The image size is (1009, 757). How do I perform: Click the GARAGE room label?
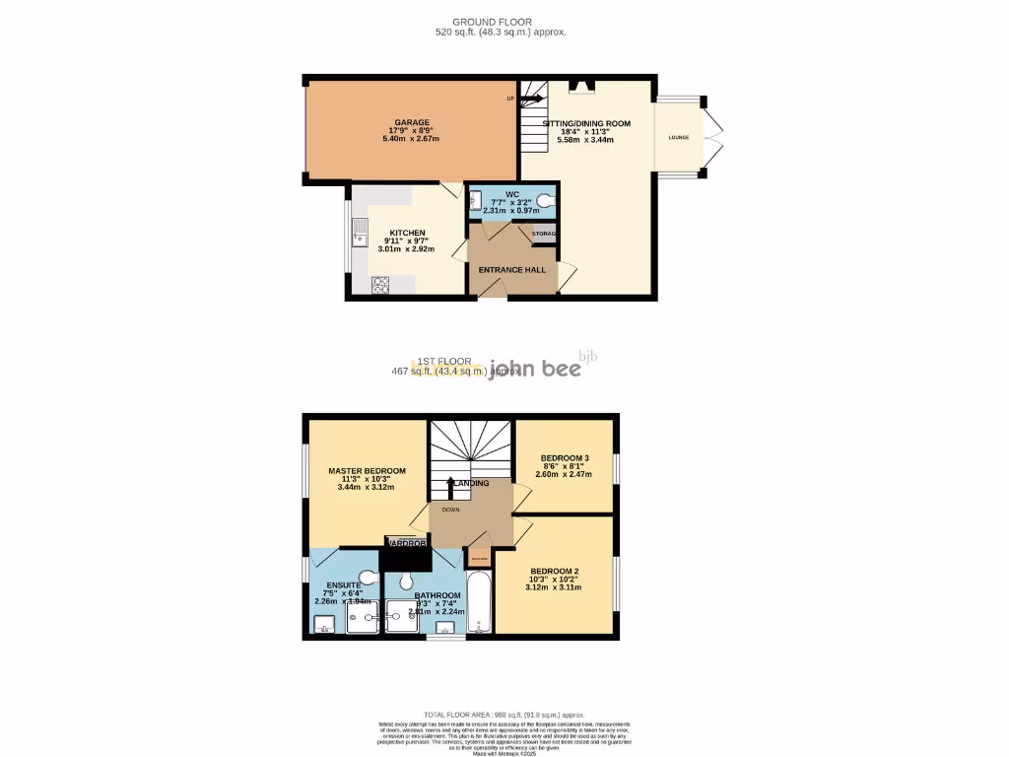[x=413, y=123]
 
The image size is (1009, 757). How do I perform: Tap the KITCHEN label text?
[x=405, y=234]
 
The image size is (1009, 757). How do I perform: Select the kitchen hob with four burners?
[x=380, y=284]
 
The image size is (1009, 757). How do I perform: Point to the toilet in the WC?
[x=546, y=202]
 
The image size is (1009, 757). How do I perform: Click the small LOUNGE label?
[x=679, y=138]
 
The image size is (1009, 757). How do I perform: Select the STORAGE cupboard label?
[x=544, y=234]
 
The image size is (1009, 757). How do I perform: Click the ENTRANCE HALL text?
[x=511, y=269]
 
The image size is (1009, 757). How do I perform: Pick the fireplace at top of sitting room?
[x=581, y=86]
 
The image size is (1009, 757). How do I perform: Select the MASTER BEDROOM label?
[x=367, y=471]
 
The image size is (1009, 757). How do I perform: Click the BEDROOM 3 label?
[x=565, y=458]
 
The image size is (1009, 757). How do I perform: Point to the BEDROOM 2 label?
[x=555, y=572]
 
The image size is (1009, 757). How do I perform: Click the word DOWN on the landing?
[x=450, y=510]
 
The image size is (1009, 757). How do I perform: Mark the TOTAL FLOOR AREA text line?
[x=504, y=715]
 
